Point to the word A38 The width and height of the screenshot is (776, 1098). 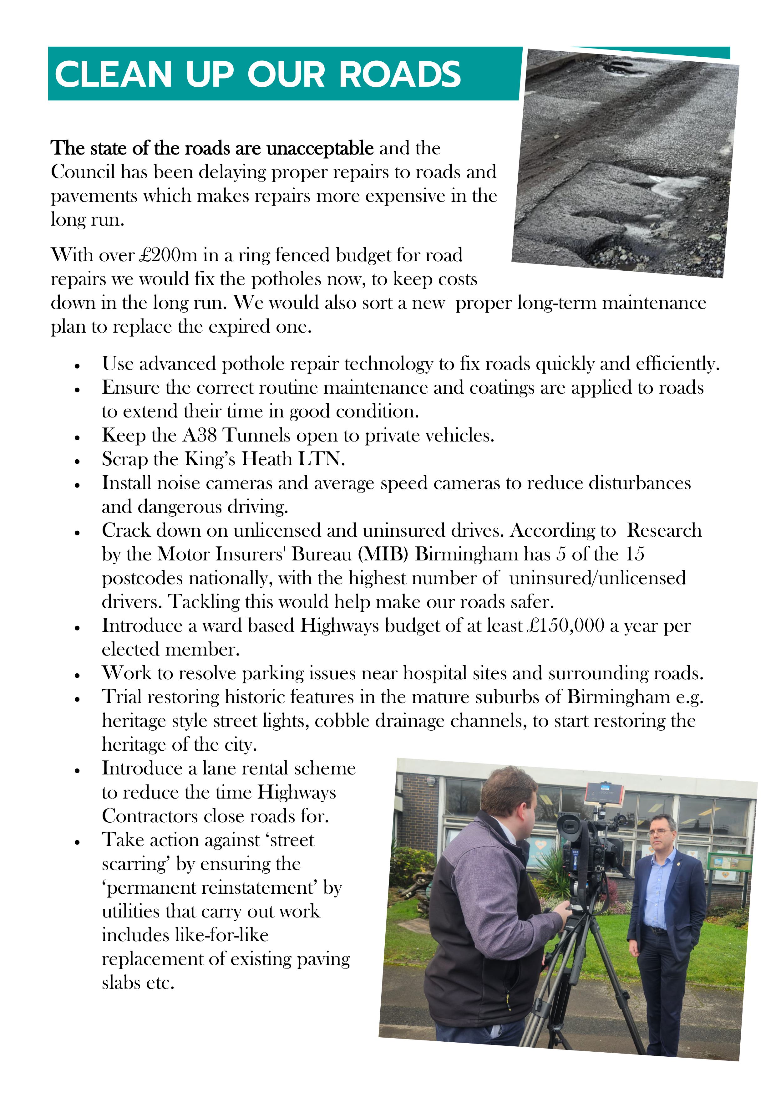point(200,435)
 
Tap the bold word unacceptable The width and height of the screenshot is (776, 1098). point(319,148)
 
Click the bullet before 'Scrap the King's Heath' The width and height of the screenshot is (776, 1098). point(77,461)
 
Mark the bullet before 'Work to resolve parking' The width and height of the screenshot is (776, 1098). point(77,675)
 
